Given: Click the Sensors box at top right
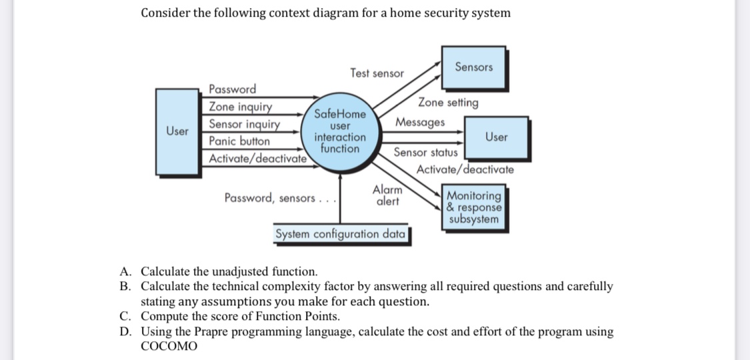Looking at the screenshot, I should [473, 67].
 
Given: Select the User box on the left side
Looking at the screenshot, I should [177, 131].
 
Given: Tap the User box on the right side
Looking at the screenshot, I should [496, 137].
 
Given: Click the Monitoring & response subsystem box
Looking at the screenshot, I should [474, 207].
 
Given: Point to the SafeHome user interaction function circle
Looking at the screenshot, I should [340, 131].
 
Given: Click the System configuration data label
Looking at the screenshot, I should [341, 235].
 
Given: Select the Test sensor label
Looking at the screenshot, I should [377, 73].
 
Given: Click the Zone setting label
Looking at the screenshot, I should [448, 103].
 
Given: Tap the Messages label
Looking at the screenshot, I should [420, 123].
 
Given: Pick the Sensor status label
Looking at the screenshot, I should [425, 153].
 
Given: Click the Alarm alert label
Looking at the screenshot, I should [387, 195].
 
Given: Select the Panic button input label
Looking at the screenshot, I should [239, 141].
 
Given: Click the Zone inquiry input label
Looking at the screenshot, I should [241, 107].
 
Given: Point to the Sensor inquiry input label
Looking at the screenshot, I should [244, 124].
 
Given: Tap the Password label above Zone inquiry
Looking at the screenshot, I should [232, 89].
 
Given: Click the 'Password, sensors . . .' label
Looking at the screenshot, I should [279, 198].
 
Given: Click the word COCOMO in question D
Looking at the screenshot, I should [169, 346].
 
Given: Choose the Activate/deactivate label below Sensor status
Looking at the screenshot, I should [465, 169].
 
